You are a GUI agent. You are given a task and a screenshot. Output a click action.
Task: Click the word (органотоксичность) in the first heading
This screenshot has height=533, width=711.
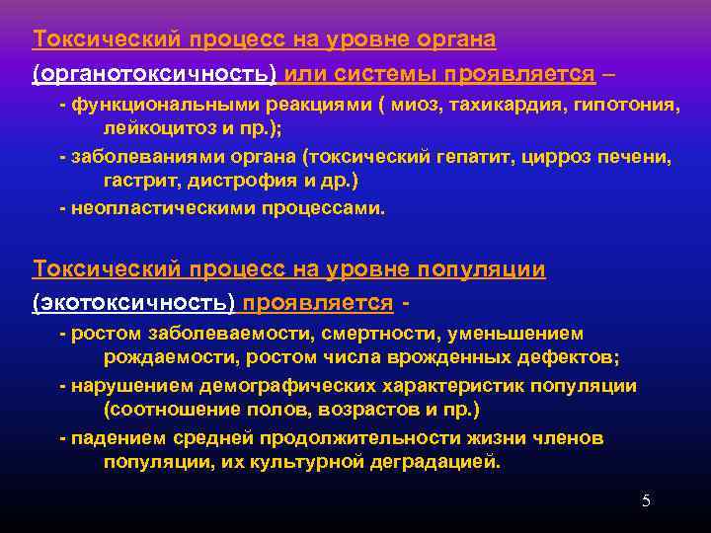click(x=155, y=74)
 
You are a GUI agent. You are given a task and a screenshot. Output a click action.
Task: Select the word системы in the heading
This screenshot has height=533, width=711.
click(x=387, y=74)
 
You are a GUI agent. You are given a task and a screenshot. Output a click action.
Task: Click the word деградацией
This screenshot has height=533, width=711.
click(x=436, y=462)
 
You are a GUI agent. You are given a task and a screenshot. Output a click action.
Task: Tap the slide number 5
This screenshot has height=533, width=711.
click(x=646, y=501)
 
